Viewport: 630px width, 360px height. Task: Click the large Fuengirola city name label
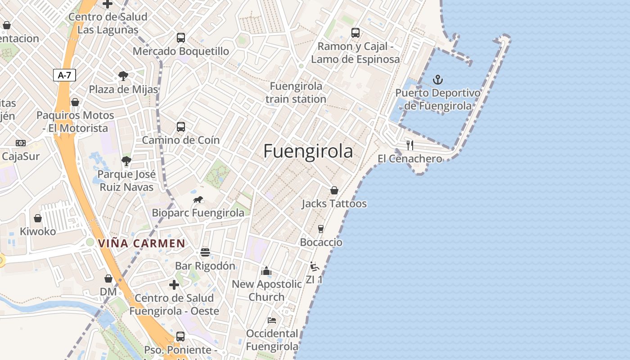click(x=308, y=151)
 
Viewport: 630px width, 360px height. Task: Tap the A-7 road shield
click(x=64, y=75)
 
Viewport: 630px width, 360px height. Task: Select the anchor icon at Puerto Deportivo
click(x=437, y=80)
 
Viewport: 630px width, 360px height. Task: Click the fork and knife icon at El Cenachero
click(x=409, y=145)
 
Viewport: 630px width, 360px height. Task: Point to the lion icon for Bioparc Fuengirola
click(x=198, y=200)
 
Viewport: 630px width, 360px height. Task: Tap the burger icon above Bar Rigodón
click(x=205, y=252)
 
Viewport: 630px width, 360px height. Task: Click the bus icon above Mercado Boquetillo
click(x=181, y=38)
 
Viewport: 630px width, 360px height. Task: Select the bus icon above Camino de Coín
click(x=181, y=127)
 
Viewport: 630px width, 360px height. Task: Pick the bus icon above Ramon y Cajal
click(x=355, y=33)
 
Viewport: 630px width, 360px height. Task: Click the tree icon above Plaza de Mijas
click(x=123, y=76)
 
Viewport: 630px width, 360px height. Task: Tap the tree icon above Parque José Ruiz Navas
click(x=126, y=161)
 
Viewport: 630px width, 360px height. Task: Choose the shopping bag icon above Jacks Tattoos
click(x=334, y=190)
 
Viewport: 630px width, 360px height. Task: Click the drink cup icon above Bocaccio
click(x=320, y=229)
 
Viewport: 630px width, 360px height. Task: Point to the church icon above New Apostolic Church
click(x=266, y=271)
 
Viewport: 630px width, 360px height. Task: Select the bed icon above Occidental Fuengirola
click(x=272, y=320)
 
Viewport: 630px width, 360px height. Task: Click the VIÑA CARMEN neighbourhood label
click(x=142, y=243)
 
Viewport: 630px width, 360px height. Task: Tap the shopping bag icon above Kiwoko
click(x=38, y=218)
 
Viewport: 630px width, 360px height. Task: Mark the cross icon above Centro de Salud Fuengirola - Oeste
click(x=174, y=284)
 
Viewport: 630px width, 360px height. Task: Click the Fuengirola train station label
click(x=296, y=92)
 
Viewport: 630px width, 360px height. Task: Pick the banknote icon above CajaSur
click(x=21, y=143)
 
